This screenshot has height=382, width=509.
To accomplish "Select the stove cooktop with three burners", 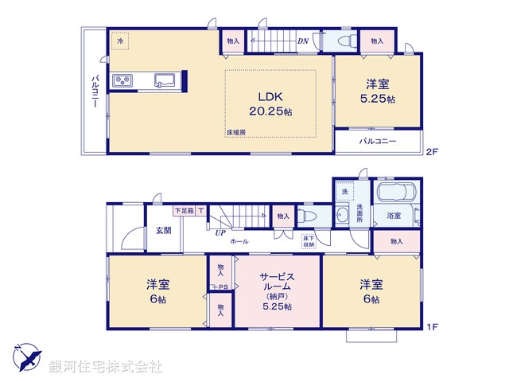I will coord(123,80).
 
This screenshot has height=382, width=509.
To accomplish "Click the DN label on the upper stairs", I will coord(302,41).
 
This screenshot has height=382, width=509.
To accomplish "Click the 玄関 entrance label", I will coord(163,230).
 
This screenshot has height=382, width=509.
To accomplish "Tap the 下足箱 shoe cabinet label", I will coord(184,210).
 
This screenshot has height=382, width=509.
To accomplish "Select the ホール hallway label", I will coord(239,241).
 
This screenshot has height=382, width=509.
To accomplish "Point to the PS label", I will coord(224,287).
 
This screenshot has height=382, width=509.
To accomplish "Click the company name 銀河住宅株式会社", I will coord(105,366).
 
